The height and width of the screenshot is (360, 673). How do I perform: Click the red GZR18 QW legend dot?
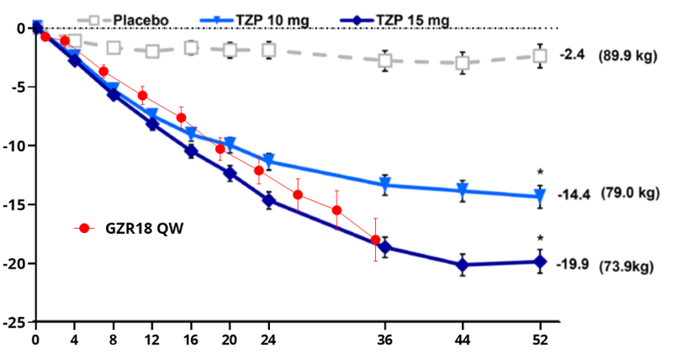tap(82, 228)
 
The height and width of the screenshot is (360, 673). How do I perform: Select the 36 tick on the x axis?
tap(385, 341)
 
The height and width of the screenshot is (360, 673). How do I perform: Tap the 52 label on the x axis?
tap(540, 341)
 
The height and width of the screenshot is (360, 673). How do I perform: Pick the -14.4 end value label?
tap(574, 193)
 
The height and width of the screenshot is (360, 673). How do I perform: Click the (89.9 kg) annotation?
tap(628, 56)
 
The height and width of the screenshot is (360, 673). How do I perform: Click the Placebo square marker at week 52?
tap(540, 56)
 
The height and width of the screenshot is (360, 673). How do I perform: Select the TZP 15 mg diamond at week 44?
tap(463, 265)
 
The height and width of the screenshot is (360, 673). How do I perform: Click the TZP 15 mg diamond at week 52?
tap(540, 262)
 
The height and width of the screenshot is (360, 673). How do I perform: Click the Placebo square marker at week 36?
tap(385, 61)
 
